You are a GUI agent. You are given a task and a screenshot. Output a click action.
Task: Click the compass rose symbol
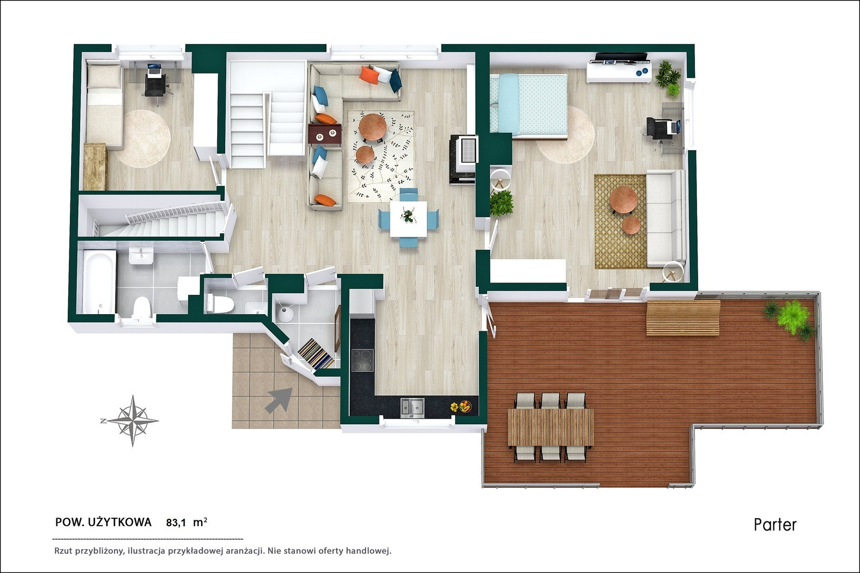133,420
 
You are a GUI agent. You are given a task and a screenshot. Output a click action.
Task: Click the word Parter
775,525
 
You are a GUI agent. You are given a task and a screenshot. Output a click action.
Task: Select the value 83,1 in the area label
176,523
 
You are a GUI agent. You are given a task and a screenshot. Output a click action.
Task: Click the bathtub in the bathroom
99,281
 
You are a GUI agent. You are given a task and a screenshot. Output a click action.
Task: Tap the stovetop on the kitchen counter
362,360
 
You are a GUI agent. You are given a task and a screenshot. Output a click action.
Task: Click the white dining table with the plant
408,219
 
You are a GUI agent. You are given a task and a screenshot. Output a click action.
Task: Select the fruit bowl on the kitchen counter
465,406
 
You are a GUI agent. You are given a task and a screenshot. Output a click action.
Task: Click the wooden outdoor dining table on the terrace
550,427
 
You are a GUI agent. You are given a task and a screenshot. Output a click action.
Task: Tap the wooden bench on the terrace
683,317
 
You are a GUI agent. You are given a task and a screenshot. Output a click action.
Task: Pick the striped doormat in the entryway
316,353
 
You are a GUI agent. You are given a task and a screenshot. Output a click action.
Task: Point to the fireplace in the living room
463,158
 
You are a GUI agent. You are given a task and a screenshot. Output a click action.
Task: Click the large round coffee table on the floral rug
372,127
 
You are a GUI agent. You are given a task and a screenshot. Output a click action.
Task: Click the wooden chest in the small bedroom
95,166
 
